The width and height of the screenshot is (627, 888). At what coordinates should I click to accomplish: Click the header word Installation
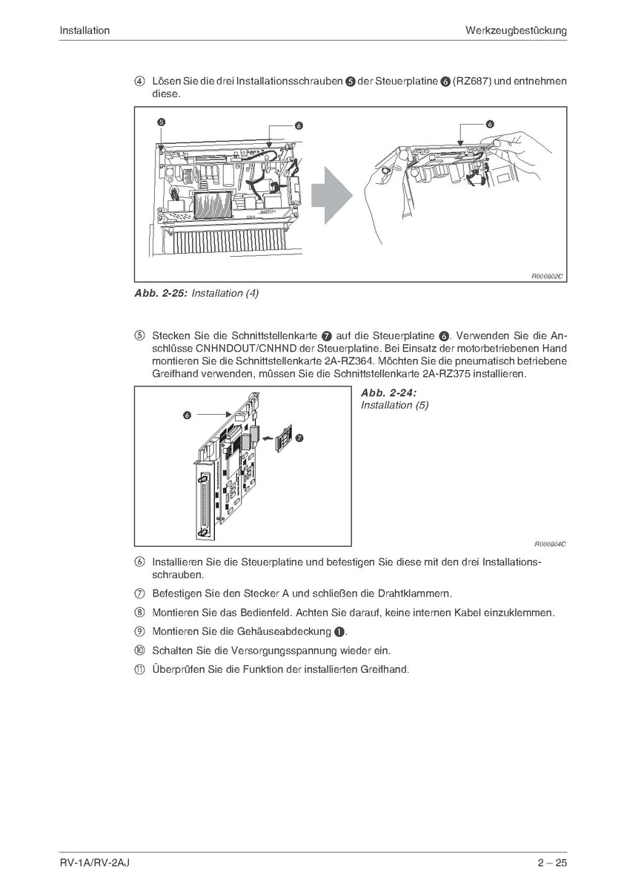84,30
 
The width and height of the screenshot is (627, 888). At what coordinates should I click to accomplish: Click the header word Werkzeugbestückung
516,30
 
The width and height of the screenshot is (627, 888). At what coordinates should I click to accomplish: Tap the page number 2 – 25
552,862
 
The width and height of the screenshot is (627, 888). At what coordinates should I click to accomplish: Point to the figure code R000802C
548,276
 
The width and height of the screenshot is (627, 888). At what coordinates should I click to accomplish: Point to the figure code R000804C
550,543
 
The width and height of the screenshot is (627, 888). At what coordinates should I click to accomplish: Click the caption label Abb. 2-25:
160,293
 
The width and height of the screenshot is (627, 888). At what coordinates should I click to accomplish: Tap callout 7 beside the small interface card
299,438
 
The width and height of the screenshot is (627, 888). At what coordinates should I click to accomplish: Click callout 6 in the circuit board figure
188,416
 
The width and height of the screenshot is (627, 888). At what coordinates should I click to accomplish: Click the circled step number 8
139,613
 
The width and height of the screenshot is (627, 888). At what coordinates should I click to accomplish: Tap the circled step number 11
139,669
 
